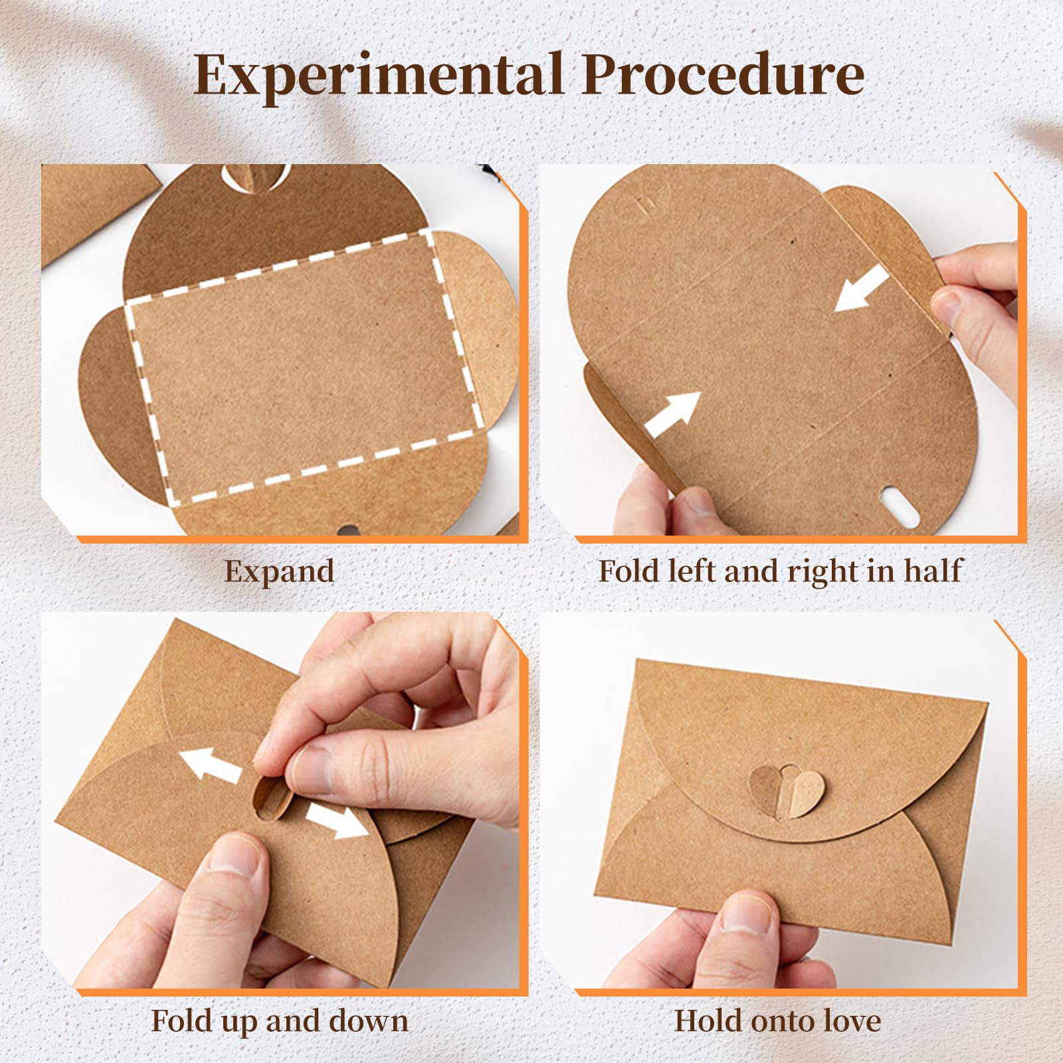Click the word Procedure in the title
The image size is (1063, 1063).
[723, 74]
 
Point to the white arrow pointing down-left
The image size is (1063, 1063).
[861, 288]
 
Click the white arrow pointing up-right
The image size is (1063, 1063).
[672, 415]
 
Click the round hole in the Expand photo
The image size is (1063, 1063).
[347, 530]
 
